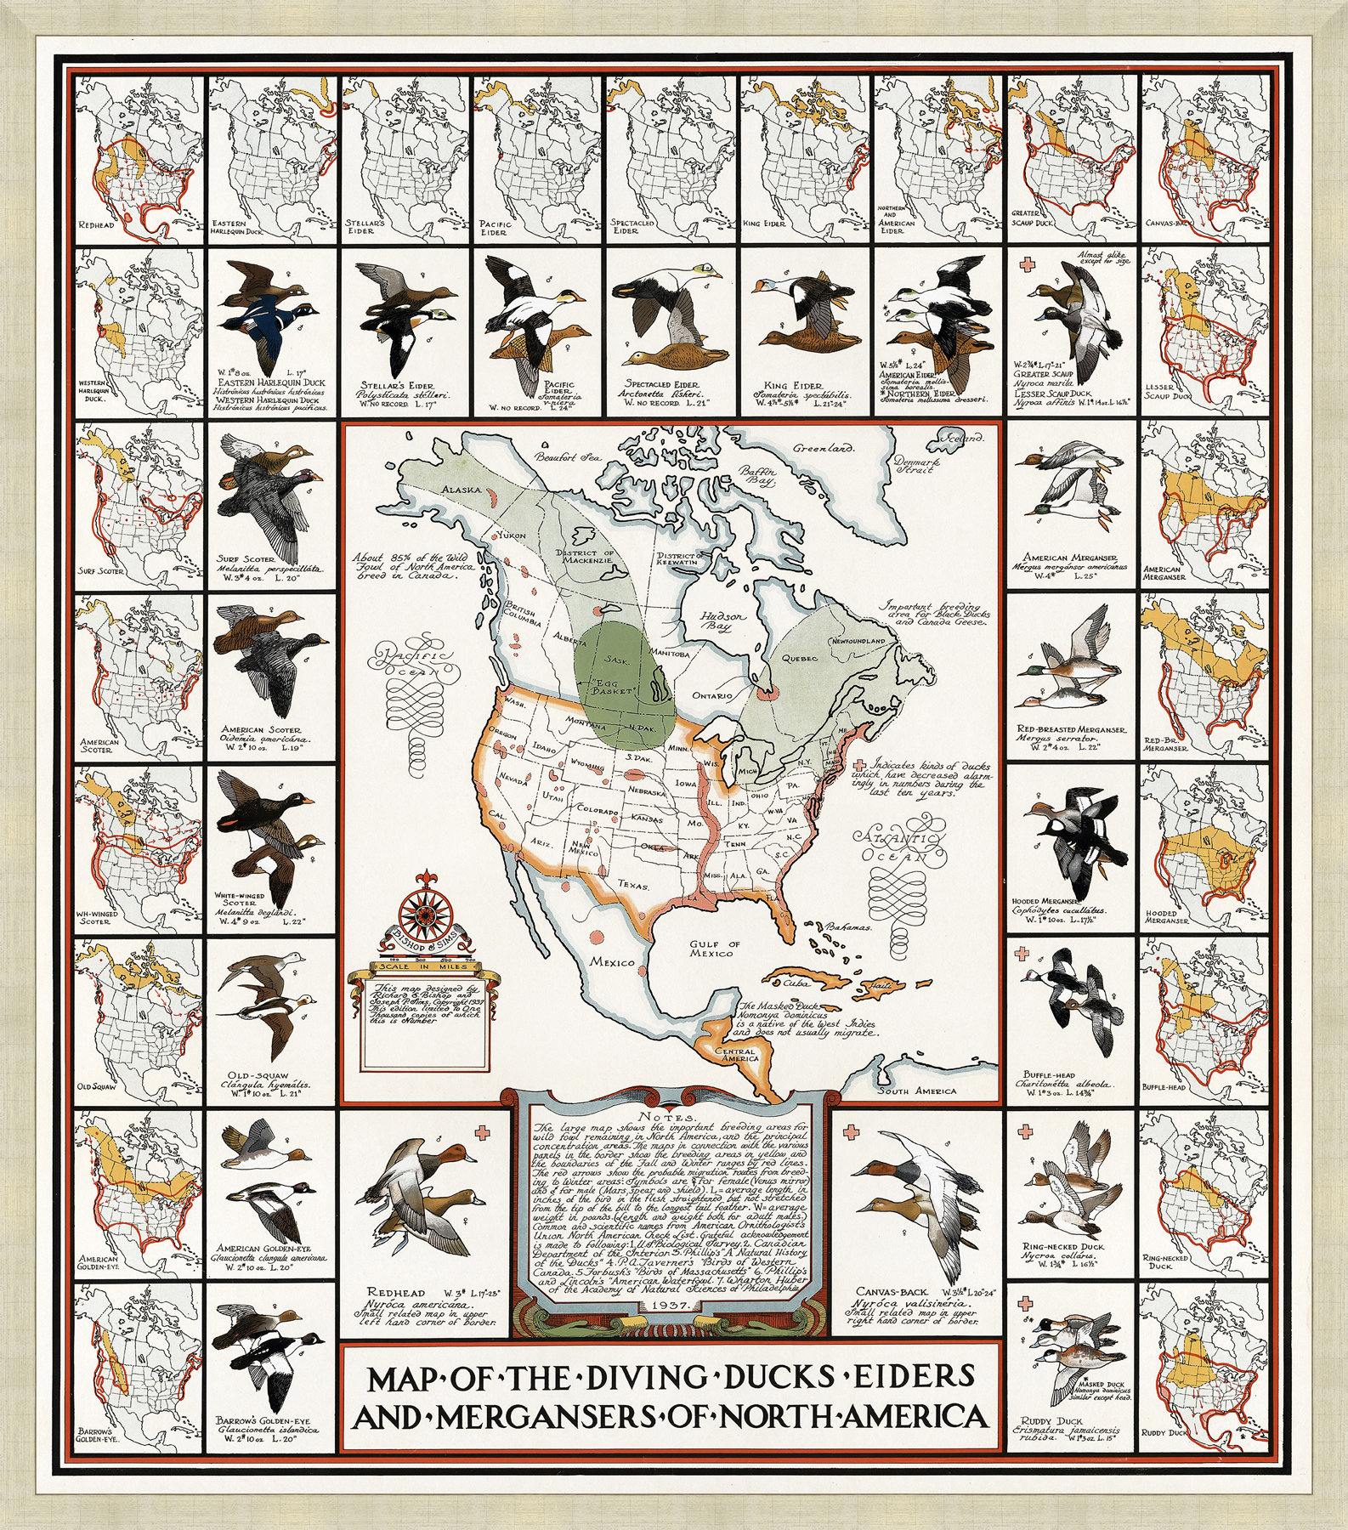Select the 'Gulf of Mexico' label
click(716, 949)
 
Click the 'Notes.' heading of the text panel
click(673, 1116)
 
